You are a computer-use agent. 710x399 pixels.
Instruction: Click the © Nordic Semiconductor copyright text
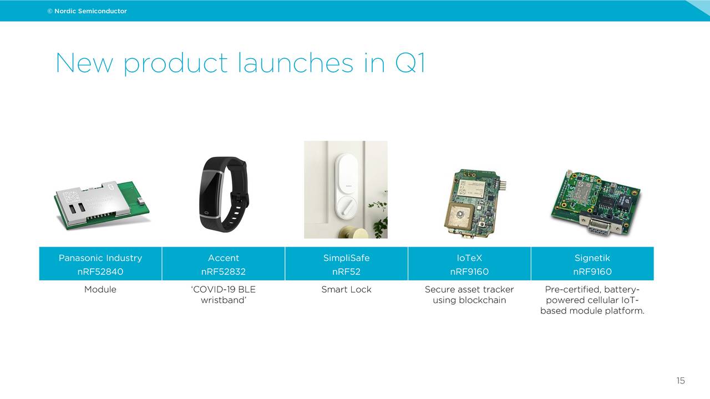87,11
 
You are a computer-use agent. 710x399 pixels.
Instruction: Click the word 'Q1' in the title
410,63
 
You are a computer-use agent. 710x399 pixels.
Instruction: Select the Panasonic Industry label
100,258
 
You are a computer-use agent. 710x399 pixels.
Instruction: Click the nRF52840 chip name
100,272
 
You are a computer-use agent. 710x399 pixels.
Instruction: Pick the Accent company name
224,258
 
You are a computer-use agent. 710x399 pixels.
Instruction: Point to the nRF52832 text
224,272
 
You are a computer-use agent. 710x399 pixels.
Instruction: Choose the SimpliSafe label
346,258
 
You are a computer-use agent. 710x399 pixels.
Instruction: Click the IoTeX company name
469,258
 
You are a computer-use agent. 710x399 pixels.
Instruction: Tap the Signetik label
592,258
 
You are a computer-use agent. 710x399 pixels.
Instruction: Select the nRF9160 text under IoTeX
469,272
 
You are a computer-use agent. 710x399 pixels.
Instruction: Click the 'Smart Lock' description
346,289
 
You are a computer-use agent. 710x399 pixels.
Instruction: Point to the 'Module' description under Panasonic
100,289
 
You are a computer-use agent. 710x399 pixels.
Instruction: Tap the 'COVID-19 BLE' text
223,289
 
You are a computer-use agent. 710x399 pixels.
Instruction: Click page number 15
681,381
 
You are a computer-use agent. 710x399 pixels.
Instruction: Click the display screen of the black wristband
211,193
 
